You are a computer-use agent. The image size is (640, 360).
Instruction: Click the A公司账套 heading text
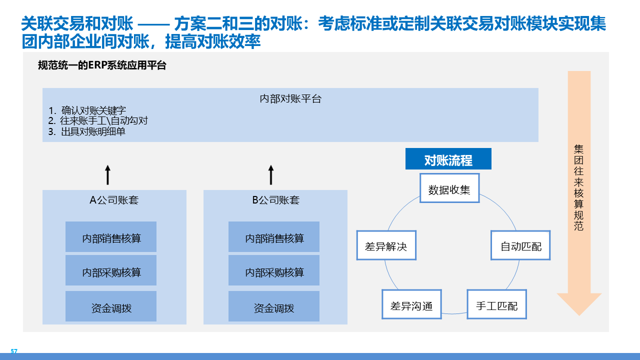pos(114,200)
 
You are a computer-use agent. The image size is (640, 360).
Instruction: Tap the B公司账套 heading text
pos(276,200)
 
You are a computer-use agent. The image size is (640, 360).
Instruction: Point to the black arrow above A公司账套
pos(107,175)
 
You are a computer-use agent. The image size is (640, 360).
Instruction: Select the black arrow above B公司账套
pos(271,175)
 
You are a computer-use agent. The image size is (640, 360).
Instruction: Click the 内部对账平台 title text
pos(290,98)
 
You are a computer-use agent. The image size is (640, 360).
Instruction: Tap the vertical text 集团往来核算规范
pos(579,187)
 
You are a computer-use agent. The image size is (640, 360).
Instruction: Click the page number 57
pos(14,351)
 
